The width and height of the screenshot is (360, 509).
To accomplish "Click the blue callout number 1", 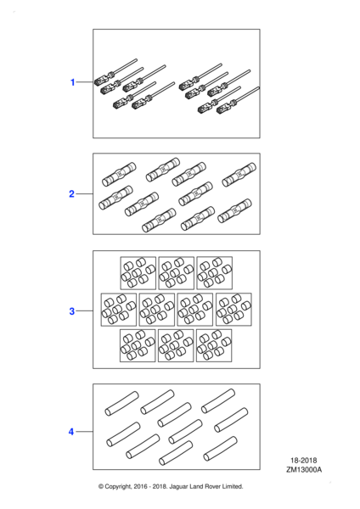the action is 73,82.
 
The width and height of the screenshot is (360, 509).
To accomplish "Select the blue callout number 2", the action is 72,193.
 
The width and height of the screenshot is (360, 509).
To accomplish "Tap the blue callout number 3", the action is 72,311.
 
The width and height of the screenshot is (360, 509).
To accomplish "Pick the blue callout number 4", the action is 71,432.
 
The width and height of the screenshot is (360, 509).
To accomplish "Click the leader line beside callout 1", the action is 85,82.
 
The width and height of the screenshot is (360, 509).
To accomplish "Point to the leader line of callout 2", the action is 84,193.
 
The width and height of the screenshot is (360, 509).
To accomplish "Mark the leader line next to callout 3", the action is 84,311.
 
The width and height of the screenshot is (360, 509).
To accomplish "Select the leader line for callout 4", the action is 84,432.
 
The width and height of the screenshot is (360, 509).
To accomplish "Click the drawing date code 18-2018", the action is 304,461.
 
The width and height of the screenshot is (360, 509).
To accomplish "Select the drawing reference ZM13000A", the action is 304,470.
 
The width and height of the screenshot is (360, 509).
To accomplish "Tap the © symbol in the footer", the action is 101,486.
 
